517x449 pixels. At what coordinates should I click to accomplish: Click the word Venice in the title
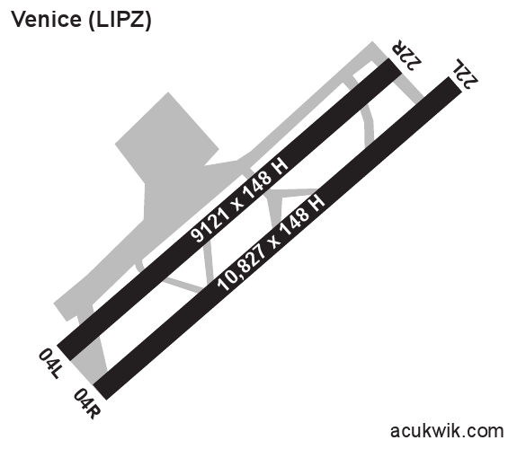46,20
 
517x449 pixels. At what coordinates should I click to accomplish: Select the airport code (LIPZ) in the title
120,21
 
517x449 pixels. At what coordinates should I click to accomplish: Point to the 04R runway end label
86,404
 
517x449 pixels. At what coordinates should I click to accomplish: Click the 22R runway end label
406,55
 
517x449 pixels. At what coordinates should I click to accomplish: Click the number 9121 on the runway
210,223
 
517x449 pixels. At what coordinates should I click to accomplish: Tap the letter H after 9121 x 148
279,166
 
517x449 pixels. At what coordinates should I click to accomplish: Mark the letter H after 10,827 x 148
316,203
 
